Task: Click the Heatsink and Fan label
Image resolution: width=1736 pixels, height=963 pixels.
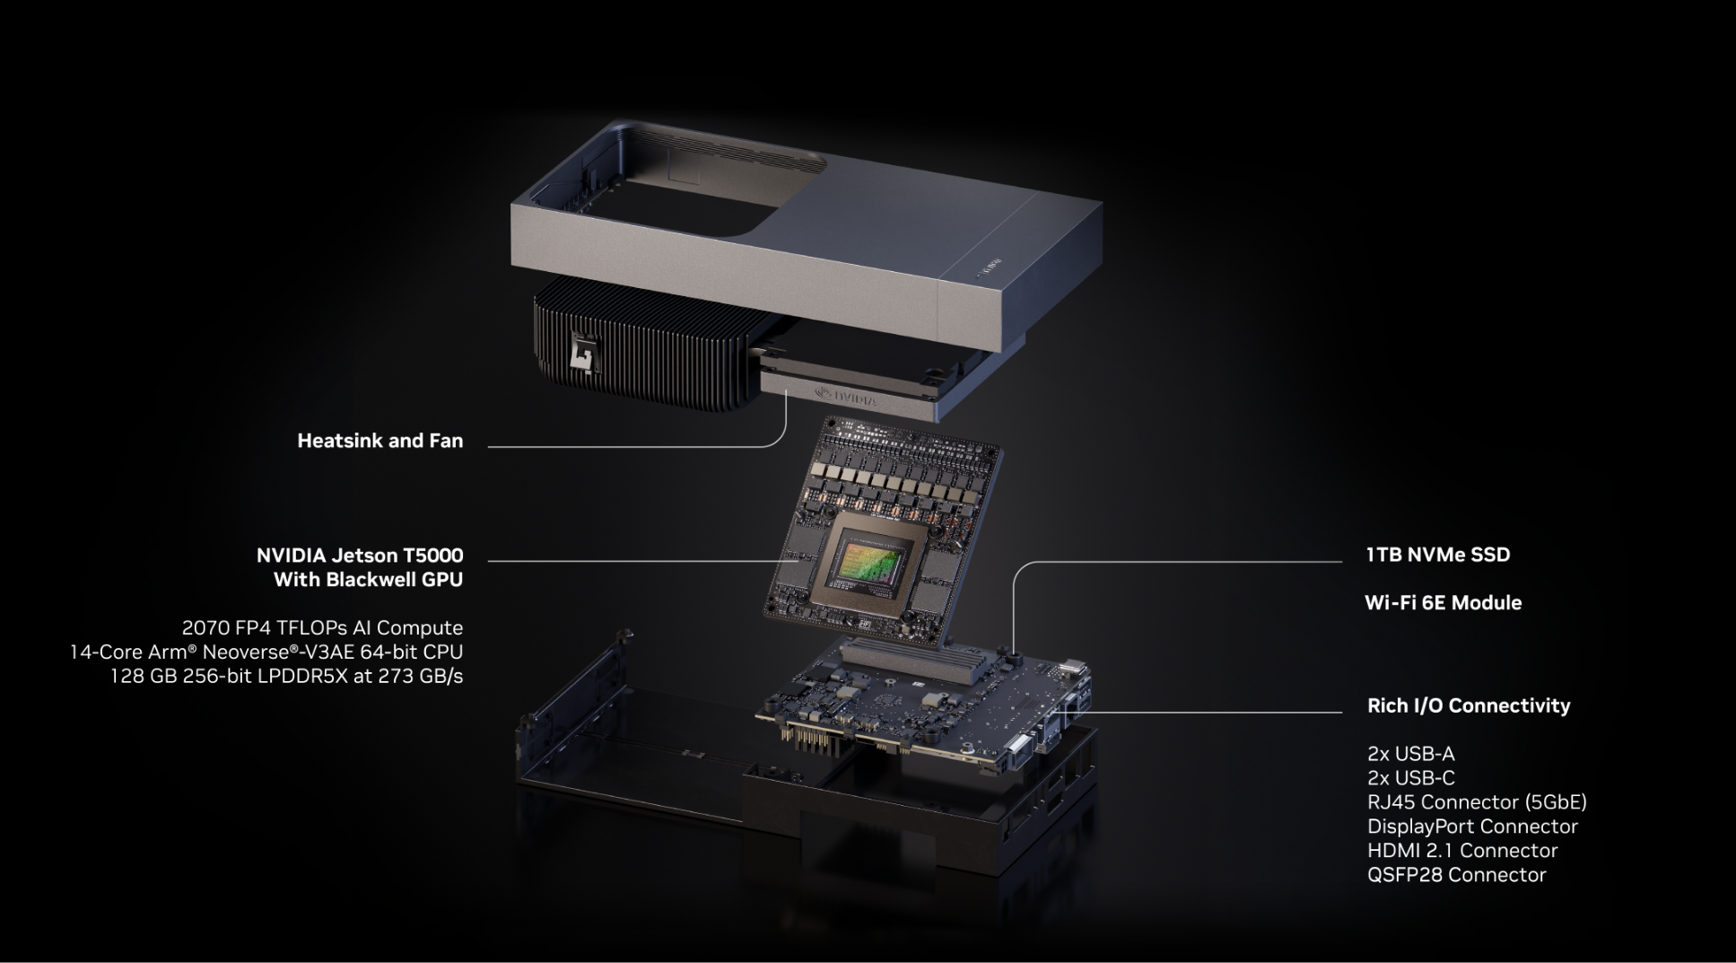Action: pyautogui.click(x=380, y=441)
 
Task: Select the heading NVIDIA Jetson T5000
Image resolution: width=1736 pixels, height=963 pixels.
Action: pyautogui.click(x=360, y=556)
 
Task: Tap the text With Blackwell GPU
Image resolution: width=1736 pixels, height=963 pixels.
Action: pyautogui.click(x=368, y=580)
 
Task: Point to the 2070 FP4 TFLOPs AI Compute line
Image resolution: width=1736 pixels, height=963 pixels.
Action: pyautogui.click(x=322, y=628)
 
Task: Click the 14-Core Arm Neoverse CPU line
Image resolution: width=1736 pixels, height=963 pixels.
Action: pyautogui.click(x=266, y=652)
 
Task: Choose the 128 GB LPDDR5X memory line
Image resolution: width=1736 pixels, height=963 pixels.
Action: pyautogui.click(x=286, y=676)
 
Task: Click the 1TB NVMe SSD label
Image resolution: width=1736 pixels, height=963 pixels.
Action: pyautogui.click(x=1438, y=555)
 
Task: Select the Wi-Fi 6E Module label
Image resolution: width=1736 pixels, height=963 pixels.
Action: pyautogui.click(x=1443, y=603)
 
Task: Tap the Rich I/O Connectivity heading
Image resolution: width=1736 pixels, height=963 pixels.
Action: pyautogui.click(x=1469, y=706)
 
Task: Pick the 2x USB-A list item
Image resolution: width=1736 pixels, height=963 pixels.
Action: pyautogui.click(x=1410, y=754)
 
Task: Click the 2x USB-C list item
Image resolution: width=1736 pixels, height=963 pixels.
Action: pyautogui.click(x=1410, y=778)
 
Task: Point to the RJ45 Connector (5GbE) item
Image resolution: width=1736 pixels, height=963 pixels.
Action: pyautogui.click(x=1477, y=802)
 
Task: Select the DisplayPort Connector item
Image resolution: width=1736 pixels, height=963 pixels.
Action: pyautogui.click(x=1472, y=827)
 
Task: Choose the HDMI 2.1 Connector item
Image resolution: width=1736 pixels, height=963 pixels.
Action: pyautogui.click(x=1462, y=851)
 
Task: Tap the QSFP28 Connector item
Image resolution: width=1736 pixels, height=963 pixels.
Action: pyautogui.click(x=1457, y=875)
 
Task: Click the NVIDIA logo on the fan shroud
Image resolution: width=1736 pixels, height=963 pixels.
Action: pyautogui.click(x=845, y=396)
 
